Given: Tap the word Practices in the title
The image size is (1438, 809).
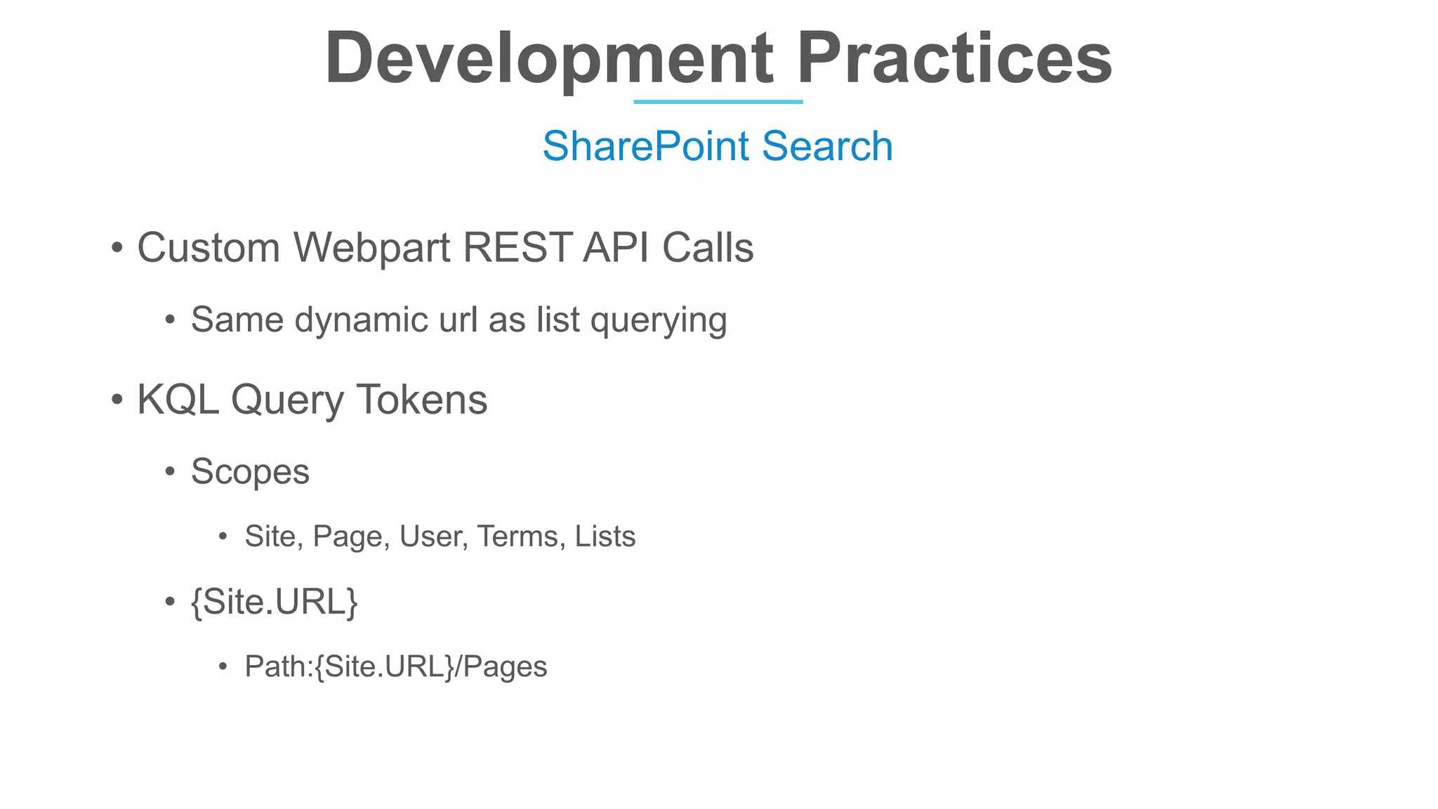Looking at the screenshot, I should (954, 59).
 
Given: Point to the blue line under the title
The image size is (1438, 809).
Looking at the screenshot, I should (718, 102).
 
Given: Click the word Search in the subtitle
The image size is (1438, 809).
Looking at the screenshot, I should (827, 146).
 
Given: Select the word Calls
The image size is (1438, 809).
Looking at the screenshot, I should (708, 248).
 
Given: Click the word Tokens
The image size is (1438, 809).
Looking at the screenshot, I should (422, 400).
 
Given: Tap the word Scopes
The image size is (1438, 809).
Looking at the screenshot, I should (250, 472).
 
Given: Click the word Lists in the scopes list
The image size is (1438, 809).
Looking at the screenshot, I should (605, 537).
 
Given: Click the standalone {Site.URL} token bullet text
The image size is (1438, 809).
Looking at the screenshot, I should (274, 603).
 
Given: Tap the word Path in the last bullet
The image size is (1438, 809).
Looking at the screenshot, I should (275, 666).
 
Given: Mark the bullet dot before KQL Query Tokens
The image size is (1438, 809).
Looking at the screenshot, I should (117, 400).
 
